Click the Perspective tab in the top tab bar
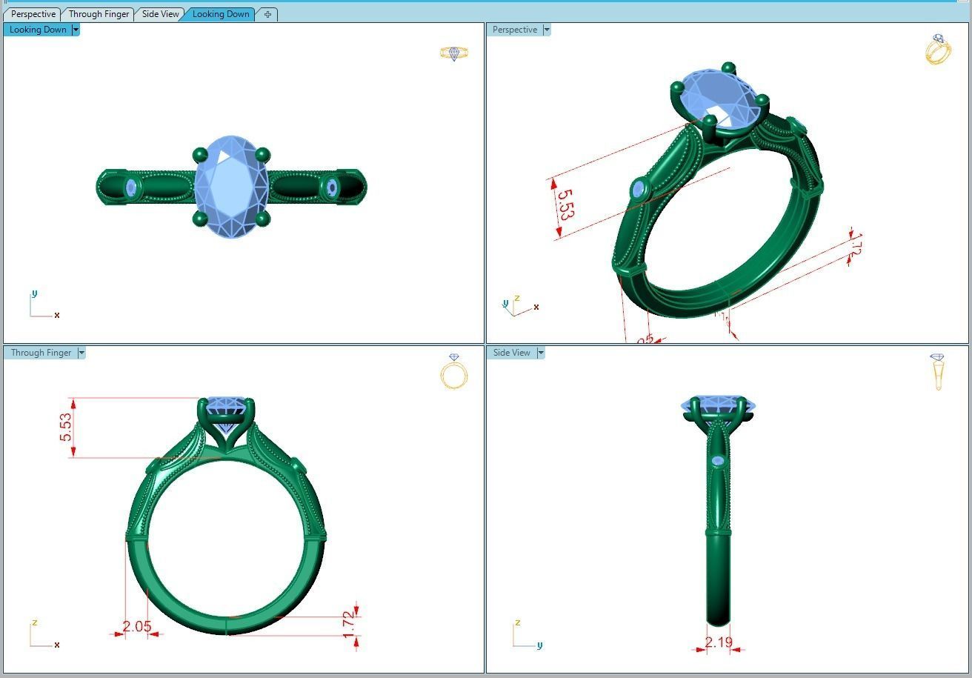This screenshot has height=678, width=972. [33, 14]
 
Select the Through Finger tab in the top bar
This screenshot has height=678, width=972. [99, 14]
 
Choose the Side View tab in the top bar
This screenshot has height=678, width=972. [160, 14]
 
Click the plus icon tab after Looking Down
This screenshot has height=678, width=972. [267, 14]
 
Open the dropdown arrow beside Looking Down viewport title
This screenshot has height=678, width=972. [76, 30]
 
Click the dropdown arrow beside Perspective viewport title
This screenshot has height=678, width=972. [547, 30]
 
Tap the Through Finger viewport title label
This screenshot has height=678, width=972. [41, 353]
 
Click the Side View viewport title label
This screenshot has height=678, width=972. [511, 353]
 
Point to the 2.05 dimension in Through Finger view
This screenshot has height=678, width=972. [137, 627]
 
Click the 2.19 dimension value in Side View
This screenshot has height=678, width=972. [719, 642]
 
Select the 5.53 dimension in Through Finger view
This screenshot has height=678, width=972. [67, 428]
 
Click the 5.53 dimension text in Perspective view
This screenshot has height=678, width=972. [565, 205]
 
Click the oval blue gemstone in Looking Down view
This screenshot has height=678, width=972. [231, 187]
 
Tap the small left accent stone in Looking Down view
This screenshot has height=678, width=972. [132, 188]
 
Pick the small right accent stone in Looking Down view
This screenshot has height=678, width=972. [331, 188]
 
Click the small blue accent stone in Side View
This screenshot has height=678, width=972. [717, 462]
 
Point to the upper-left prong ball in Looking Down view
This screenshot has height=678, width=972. [199, 155]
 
